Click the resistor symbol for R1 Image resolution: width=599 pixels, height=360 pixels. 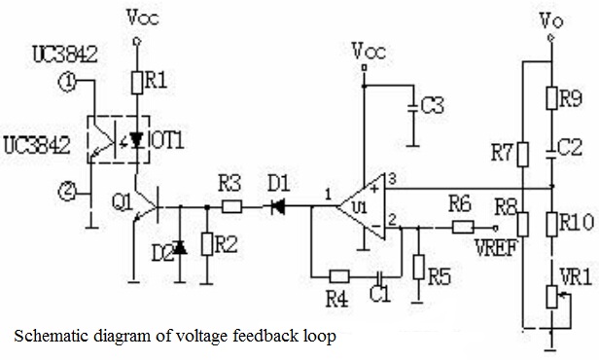(x=137, y=82)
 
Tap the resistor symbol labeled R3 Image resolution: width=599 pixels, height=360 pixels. (x=231, y=207)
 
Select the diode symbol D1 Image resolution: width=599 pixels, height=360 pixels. (x=278, y=207)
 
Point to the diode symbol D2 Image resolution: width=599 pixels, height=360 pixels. (x=180, y=248)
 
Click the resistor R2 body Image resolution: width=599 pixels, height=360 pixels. (x=207, y=244)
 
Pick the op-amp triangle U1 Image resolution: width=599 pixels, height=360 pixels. (x=361, y=206)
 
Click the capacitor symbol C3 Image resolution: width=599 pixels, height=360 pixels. (x=412, y=107)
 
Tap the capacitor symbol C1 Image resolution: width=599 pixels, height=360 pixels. (x=380, y=276)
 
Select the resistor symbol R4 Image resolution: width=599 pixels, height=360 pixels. (x=339, y=276)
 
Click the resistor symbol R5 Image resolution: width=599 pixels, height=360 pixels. (x=419, y=267)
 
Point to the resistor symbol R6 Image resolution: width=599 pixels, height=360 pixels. (x=463, y=228)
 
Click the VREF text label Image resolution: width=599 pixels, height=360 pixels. (x=496, y=248)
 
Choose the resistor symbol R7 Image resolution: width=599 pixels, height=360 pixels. (x=523, y=155)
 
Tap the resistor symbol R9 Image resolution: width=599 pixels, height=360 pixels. (x=551, y=98)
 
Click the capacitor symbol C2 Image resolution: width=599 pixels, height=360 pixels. (x=551, y=153)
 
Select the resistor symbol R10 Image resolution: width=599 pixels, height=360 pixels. (x=551, y=225)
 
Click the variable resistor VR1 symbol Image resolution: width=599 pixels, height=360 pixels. (x=551, y=297)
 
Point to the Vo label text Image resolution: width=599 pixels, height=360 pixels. (x=550, y=20)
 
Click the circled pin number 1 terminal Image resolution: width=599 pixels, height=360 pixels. (x=68, y=82)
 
